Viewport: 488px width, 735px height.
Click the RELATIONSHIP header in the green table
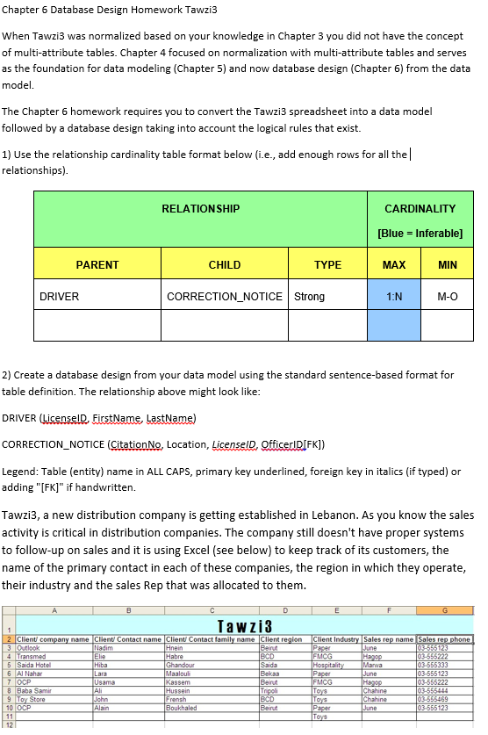[201, 209]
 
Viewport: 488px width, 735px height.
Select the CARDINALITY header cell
[420, 209]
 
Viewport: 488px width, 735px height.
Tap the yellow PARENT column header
[97, 264]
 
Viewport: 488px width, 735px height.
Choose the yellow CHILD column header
[225, 264]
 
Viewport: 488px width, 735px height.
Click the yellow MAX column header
[394, 264]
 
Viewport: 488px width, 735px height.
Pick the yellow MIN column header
[447, 264]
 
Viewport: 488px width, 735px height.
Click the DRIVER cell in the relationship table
[60, 297]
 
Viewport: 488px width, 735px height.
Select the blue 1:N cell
[394, 297]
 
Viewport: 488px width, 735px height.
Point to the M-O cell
[447, 297]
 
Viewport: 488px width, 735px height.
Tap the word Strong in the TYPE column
[310, 297]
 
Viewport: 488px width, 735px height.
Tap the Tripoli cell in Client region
[270, 690]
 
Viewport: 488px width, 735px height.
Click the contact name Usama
[104, 682]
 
